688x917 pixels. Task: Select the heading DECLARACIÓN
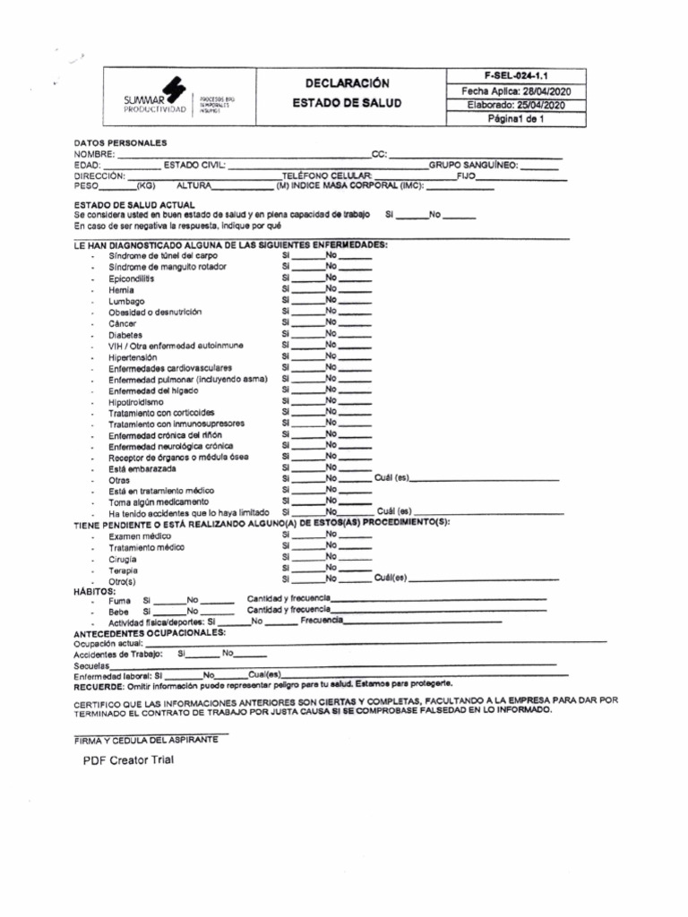pyautogui.click(x=347, y=83)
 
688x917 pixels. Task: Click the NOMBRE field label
pyautogui.click(x=94, y=154)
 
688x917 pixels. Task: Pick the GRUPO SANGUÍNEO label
pyautogui.click(x=473, y=166)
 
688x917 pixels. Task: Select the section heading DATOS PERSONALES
pyautogui.click(x=119, y=143)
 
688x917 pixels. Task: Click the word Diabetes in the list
pyautogui.click(x=125, y=335)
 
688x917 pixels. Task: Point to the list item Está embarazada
pyautogui.click(x=142, y=468)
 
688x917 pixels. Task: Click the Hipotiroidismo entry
pyautogui.click(x=136, y=402)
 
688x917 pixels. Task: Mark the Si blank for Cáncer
pyautogui.click(x=305, y=323)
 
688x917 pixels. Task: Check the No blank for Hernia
pyautogui.click(x=355, y=290)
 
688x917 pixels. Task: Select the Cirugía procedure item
pyautogui.click(x=123, y=558)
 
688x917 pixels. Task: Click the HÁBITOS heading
pyautogui.click(x=94, y=592)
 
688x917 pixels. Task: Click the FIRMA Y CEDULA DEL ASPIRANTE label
pyautogui.click(x=145, y=739)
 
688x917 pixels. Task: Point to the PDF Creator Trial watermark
pyautogui.click(x=128, y=760)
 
